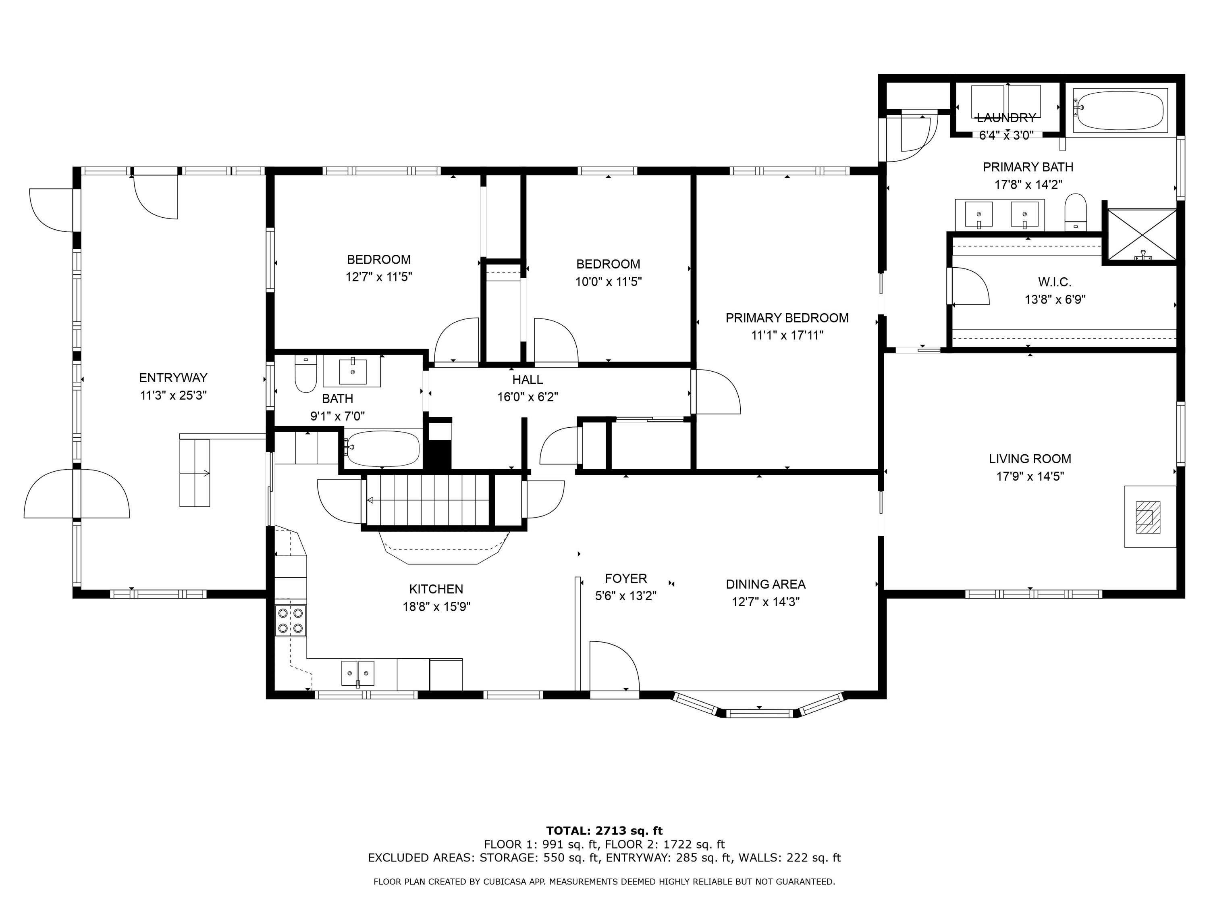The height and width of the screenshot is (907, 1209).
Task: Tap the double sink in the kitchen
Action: click(x=358, y=673)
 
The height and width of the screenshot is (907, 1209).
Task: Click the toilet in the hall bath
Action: click(x=305, y=374)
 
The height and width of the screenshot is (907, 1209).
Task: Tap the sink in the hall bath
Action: click(x=352, y=371)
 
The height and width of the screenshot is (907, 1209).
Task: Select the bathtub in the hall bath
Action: click(x=382, y=449)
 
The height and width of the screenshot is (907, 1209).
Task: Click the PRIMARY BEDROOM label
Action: click(x=787, y=318)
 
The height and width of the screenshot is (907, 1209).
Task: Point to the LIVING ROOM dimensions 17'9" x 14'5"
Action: click(x=1030, y=476)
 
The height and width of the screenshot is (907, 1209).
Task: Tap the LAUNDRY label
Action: click(x=1006, y=118)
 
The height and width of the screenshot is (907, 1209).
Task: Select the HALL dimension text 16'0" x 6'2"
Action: click(x=528, y=397)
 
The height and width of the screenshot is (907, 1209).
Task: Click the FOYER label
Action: click(x=626, y=578)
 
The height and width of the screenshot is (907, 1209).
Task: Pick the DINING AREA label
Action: click(x=766, y=584)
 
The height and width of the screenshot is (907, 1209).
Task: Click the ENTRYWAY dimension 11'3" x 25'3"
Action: click(x=173, y=395)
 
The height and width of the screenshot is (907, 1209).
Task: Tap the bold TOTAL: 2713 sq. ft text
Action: click(x=604, y=831)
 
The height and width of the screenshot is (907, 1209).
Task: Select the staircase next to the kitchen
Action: click(x=428, y=500)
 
